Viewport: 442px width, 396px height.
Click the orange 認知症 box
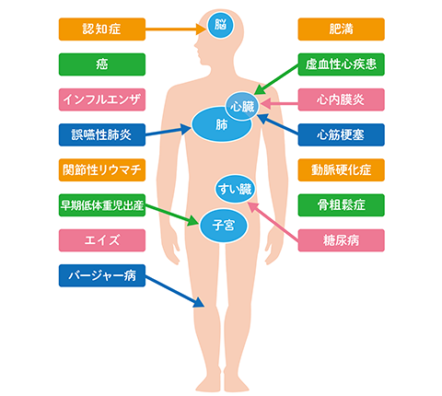point(102,29)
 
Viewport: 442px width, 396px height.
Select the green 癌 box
point(102,64)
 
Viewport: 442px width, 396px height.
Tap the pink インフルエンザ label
point(102,99)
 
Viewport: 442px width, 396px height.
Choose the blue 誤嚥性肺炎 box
point(102,134)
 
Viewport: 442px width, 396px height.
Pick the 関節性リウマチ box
point(102,169)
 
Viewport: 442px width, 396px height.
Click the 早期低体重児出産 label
point(102,205)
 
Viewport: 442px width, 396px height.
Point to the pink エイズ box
point(102,240)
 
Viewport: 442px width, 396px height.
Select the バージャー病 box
point(102,275)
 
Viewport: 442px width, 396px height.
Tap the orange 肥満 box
point(341,29)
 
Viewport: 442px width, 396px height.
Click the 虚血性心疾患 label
point(341,64)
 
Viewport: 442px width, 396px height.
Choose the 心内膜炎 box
point(341,99)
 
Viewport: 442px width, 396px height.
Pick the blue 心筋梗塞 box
point(341,134)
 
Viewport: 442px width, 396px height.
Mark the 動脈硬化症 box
point(341,169)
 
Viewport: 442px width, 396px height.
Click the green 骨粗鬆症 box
point(341,205)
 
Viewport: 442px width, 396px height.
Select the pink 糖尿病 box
point(341,240)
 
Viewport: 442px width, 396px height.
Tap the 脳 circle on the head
point(220,25)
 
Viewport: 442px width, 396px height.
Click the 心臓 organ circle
point(242,106)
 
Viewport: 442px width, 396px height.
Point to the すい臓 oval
point(235,189)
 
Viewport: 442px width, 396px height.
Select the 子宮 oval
point(224,226)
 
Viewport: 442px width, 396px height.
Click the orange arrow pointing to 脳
point(176,29)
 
